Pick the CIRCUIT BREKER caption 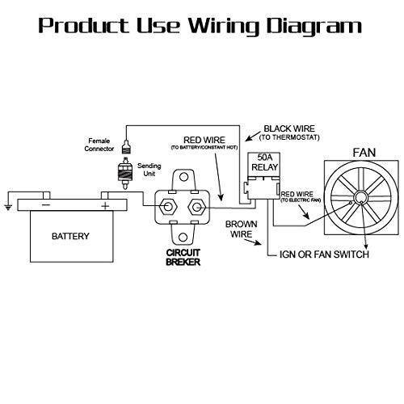pyautogui.click(x=182, y=280)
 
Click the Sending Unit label pyautogui.click(x=150, y=169)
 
